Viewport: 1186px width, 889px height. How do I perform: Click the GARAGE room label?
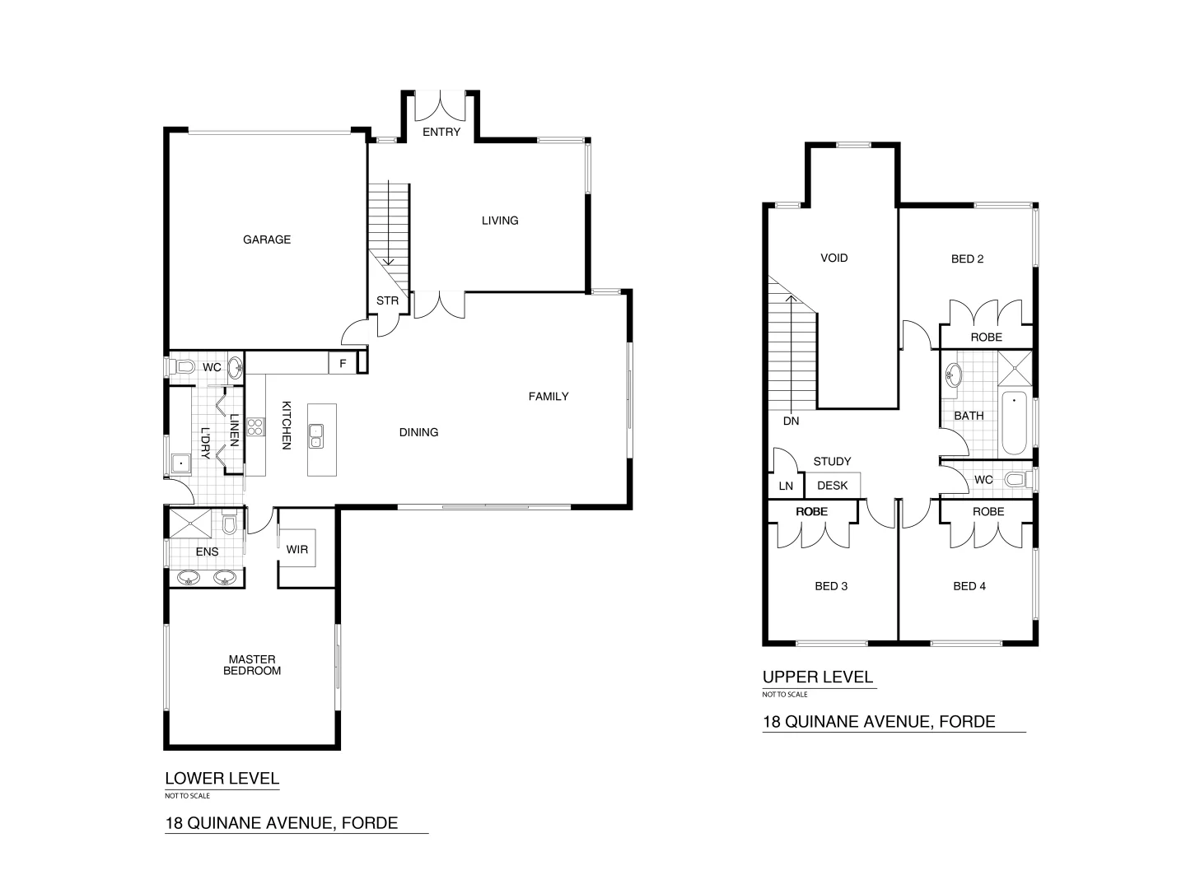[x=266, y=240]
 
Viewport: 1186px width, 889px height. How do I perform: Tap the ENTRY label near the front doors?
[x=441, y=133]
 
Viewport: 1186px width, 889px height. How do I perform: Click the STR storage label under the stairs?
[x=387, y=300]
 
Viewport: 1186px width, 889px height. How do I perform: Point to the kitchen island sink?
[x=316, y=436]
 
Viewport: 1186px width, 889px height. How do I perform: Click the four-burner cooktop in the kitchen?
[x=255, y=426]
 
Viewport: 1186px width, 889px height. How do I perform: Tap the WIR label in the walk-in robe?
[x=296, y=549]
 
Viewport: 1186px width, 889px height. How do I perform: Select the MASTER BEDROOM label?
[x=252, y=665]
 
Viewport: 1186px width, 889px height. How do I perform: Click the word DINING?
[x=418, y=432]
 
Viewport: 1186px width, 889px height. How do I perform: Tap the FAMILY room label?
[x=548, y=397]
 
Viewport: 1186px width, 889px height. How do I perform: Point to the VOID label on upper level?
[x=833, y=258]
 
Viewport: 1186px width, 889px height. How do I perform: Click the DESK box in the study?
[x=832, y=486]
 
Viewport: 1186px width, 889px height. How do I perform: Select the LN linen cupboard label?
[x=786, y=486]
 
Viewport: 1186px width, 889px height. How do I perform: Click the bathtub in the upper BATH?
[x=1014, y=423]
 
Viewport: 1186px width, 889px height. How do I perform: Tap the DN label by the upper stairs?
[x=791, y=421]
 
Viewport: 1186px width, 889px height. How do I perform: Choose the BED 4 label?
[x=969, y=586]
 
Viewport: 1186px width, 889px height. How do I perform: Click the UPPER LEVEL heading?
[x=817, y=677]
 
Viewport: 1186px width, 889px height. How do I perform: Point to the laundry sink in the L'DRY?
[x=180, y=464]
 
